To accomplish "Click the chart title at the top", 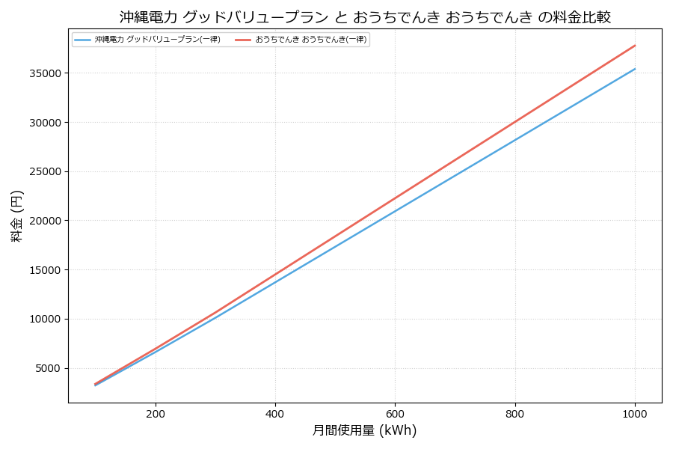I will tap(365, 17).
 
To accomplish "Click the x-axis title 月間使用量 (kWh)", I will tap(364, 430).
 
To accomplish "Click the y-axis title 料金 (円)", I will tap(16, 216).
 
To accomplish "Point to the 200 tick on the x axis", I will tap(156, 413).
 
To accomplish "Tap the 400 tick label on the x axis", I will tap(275, 413).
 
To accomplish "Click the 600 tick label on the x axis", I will tap(395, 413).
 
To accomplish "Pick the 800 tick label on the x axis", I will tap(515, 413).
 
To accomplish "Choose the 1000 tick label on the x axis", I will tap(635, 413).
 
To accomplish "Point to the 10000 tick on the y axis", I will tap(45, 319).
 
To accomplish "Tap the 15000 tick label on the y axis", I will tap(45, 270).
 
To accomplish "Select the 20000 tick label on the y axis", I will tap(45, 221).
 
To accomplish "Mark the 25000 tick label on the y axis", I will tap(45, 171).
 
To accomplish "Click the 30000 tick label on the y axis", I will tap(45, 123).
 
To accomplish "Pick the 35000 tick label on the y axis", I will tap(45, 73).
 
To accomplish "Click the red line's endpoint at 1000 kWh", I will tap(635, 46).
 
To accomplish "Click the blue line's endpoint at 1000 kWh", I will tap(635, 69).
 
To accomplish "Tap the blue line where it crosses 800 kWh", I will tap(515, 139).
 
